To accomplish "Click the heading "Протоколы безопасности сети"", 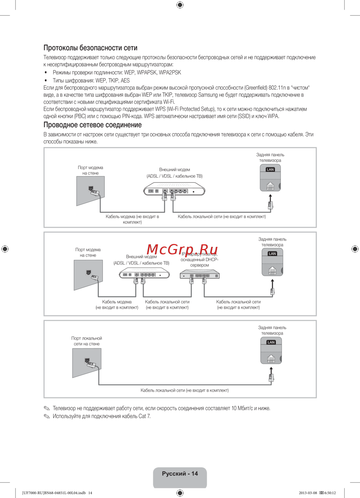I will (x=90, y=48).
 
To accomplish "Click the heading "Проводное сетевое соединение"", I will (x=93, y=125).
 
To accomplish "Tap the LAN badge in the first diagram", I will (x=270, y=169).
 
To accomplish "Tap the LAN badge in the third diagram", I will (x=271, y=342).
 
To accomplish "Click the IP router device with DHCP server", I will (x=200, y=275).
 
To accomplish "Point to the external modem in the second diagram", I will (x=144, y=274).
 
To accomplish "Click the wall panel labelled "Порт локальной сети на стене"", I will (x=86, y=363).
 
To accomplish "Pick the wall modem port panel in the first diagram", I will (x=90, y=191).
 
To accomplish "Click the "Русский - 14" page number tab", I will (x=180, y=474).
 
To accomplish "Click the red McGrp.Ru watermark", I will (x=182, y=249).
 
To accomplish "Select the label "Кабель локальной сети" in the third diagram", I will (x=184, y=390).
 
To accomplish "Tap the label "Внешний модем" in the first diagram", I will (x=175, y=169).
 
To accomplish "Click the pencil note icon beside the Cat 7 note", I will (x=47, y=416).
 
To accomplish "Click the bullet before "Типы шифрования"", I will (x=46, y=81).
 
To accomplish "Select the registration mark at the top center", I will (x=180, y=5).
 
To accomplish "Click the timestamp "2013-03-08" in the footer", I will (x=308, y=493).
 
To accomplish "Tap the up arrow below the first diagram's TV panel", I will (x=270, y=196).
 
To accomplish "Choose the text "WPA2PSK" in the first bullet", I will (x=170, y=73).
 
